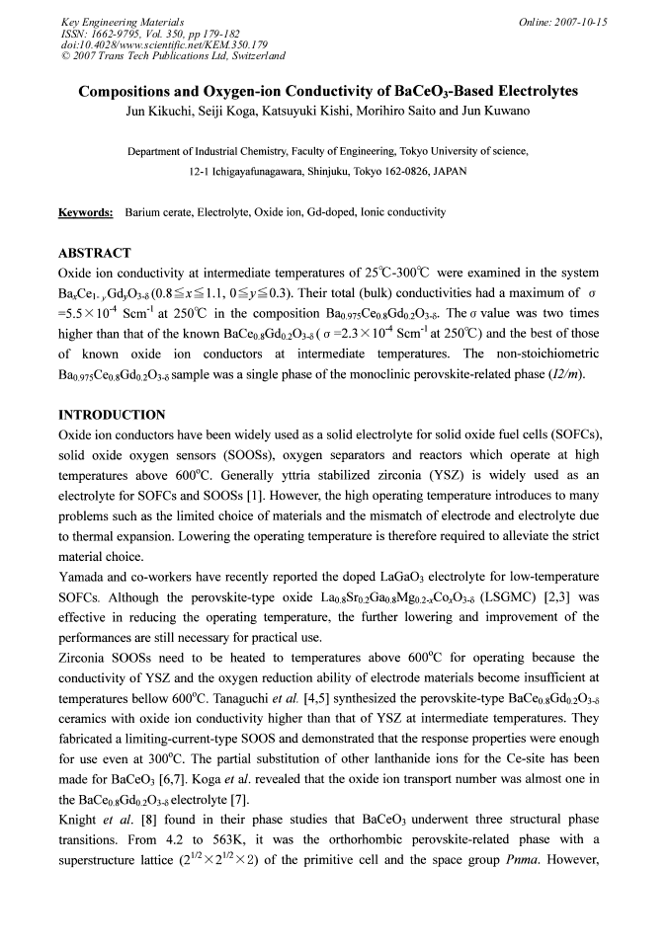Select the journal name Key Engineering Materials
coord(116,21)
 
